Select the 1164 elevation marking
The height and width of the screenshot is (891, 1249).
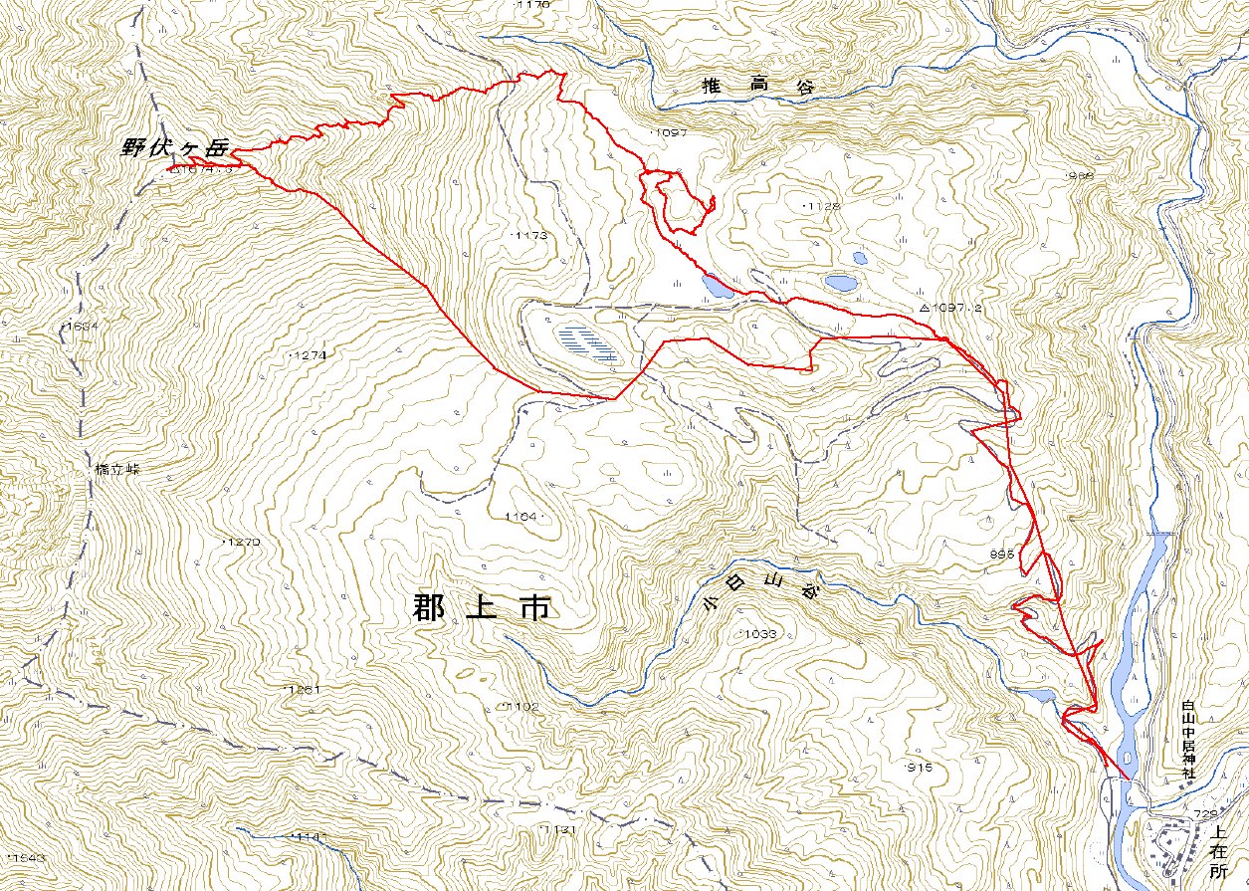tap(520, 517)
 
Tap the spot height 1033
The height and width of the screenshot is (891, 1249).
tap(758, 633)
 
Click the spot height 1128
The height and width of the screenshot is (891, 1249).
tap(822, 205)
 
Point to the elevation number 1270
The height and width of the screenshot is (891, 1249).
tap(243, 542)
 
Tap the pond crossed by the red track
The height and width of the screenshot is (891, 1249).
tap(716, 287)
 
